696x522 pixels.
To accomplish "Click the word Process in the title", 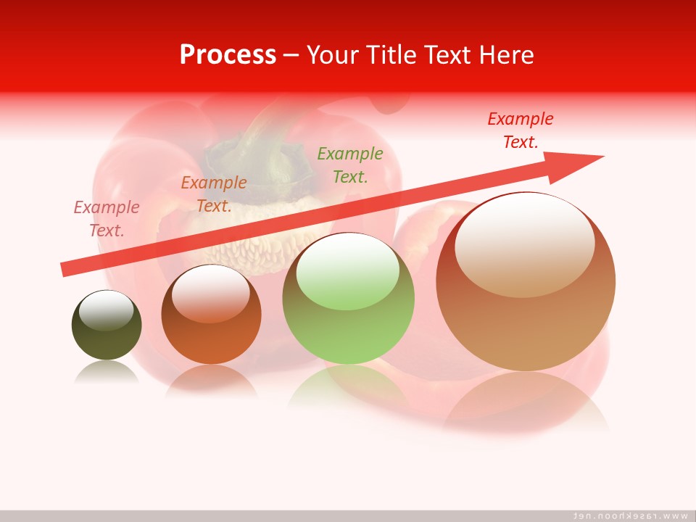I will pos(228,55).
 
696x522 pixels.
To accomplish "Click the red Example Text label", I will pos(520,130).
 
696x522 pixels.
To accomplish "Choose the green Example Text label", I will pos(350,165).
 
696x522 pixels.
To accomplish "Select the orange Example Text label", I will pos(214,194).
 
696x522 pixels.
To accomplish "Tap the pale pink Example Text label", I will pos(107,219).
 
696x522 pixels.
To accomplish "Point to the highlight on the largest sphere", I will pos(524,243).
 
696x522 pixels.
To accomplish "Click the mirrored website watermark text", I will pos(631,515).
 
